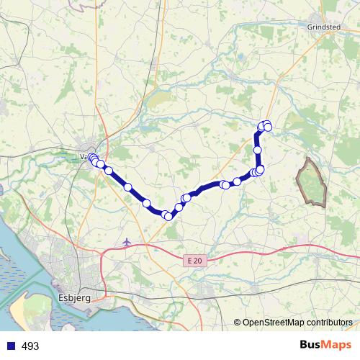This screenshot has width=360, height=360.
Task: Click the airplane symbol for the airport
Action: tap(127, 241)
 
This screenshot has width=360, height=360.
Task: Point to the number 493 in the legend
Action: tap(30, 346)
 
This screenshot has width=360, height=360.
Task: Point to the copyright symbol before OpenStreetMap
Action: tap(237, 323)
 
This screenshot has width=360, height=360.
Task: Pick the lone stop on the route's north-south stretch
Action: tap(257, 150)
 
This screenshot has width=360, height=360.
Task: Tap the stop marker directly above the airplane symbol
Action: tap(128, 187)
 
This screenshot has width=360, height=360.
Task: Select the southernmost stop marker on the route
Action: tap(168, 216)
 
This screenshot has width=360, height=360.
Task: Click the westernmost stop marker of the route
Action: tap(91, 157)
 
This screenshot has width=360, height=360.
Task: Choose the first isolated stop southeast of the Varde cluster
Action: tap(109, 171)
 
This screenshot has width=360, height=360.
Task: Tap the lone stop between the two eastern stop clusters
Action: tap(237, 181)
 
